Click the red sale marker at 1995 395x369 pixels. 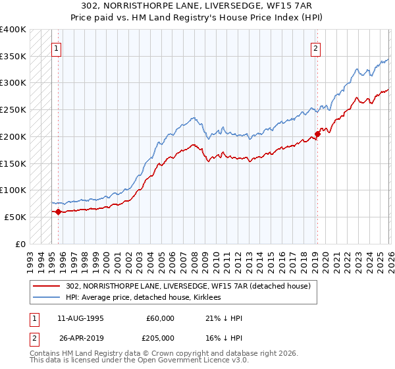[x=58, y=212]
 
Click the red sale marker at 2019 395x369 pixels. [x=317, y=134]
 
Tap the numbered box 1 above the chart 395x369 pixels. [x=57, y=47]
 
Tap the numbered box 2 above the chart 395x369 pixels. [x=316, y=47]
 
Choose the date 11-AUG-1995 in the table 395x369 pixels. [x=80, y=318]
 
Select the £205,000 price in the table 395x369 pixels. [x=161, y=338]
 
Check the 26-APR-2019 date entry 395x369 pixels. [x=80, y=338]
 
